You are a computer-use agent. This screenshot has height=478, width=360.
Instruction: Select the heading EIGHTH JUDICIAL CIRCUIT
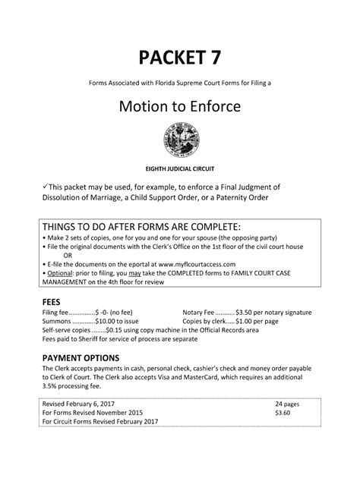pos(180,165)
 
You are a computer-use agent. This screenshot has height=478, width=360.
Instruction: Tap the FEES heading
pos(52,300)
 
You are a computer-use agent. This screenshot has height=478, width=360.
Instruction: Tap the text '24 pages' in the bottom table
pos(289,404)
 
